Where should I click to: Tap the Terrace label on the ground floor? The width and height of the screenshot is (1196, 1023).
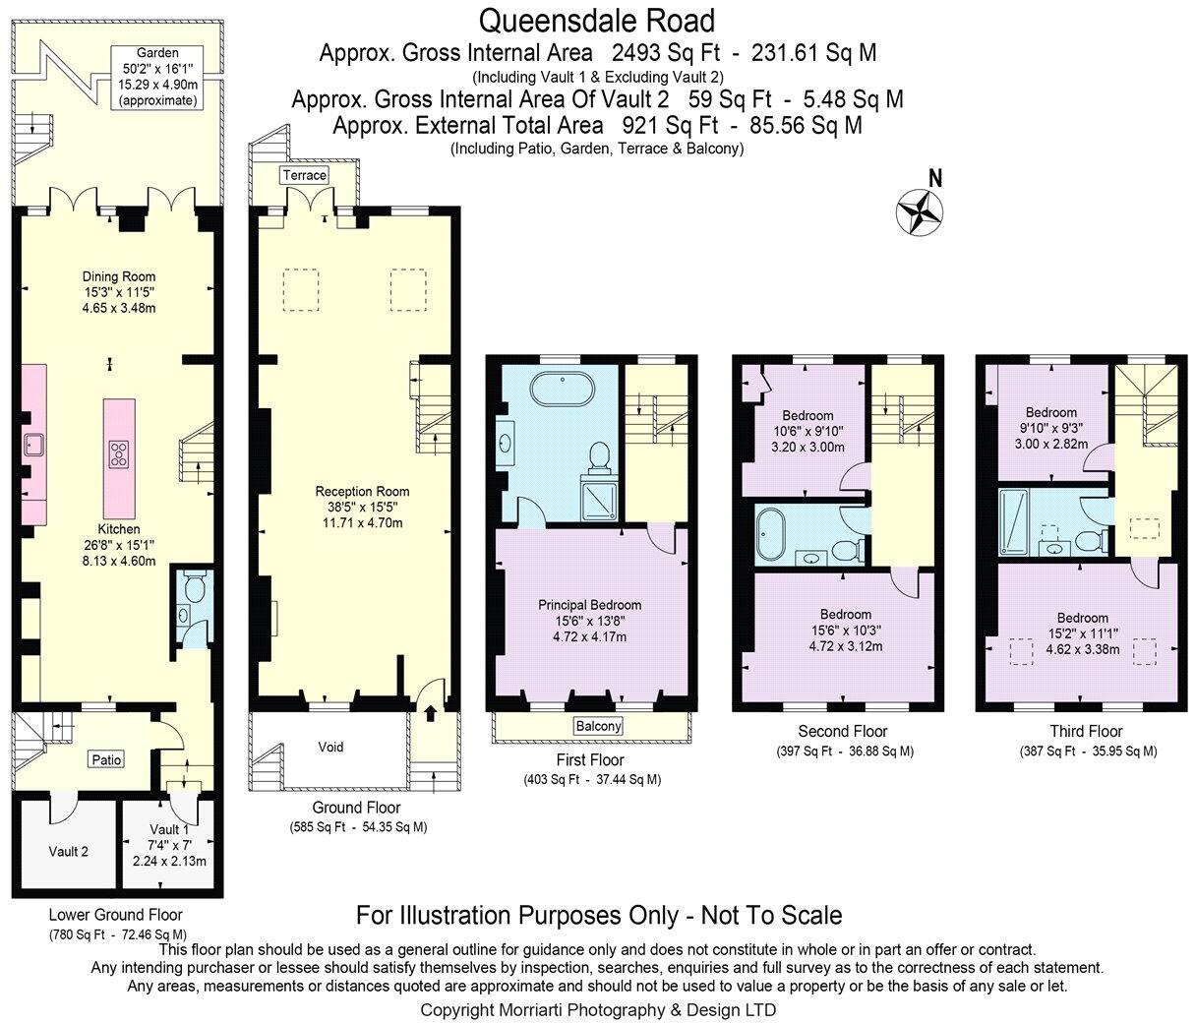point(304,175)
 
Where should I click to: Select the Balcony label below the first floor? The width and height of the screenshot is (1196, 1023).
point(598,726)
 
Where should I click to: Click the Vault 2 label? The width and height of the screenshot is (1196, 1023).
point(69,851)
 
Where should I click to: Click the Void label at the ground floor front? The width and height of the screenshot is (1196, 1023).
point(331,747)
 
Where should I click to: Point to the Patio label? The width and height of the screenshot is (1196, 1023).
point(106,759)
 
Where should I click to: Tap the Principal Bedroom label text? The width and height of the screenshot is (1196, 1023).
point(589,605)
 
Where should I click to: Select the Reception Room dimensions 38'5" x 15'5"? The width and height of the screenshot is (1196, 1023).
point(362,507)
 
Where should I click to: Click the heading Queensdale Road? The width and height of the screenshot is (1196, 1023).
point(597,20)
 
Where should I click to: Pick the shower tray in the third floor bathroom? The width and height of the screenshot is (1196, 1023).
point(1013,520)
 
